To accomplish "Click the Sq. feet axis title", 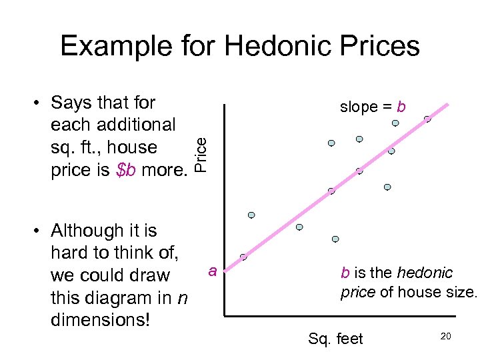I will [x=335, y=339].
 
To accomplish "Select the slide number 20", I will [x=446, y=337].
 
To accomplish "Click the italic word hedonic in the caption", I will [x=425, y=273].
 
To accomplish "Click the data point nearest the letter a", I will [x=243, y=257].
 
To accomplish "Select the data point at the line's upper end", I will [x=427, y=119].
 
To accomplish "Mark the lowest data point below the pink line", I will [x=335, y=239].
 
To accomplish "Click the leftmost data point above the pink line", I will [x=251, y=215].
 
